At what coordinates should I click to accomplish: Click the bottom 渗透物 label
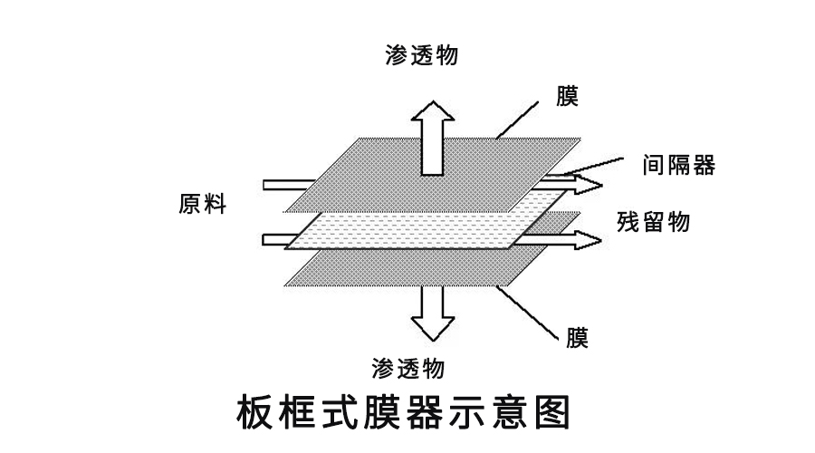tap(408, 369)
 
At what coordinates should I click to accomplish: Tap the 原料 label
tap(202, 205)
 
